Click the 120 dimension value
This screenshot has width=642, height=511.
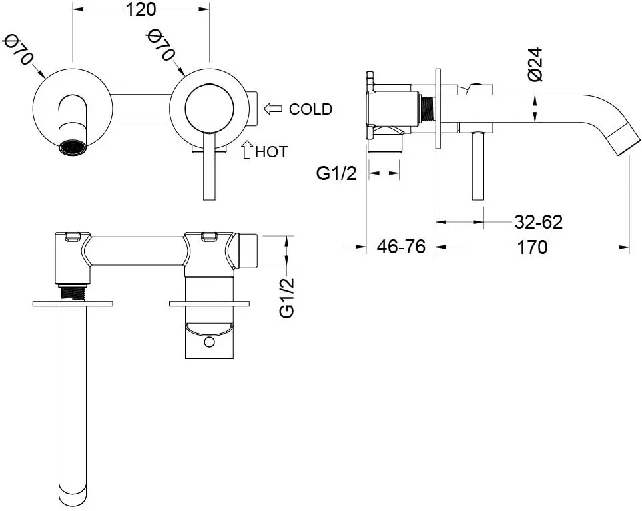141,9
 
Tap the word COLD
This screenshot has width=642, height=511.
310,109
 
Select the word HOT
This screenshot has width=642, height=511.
272,152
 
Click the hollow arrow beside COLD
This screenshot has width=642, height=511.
273,109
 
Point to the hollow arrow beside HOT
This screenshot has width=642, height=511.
247,149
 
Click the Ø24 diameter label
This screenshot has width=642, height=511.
535,64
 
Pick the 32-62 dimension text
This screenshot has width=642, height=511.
538,222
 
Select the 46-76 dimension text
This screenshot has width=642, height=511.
401,247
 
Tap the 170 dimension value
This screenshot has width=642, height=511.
532,247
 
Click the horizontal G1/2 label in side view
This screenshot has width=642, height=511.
336,174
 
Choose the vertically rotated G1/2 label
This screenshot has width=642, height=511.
287,298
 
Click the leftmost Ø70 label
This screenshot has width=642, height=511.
17,49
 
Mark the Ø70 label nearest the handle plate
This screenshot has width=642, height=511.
161,45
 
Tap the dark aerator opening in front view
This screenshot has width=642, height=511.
73,147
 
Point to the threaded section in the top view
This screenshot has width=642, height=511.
73,293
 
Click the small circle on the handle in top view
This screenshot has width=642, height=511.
209,342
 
